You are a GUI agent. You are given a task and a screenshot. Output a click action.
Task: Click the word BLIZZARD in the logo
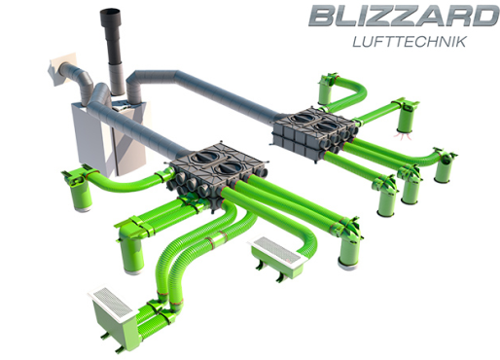coord(404,16)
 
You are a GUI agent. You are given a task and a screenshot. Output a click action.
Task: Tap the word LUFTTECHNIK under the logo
coord(410,42)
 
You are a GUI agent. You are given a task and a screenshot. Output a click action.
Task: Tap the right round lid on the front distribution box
coord(228,167)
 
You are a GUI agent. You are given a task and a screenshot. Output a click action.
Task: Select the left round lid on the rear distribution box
coord(303,117)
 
